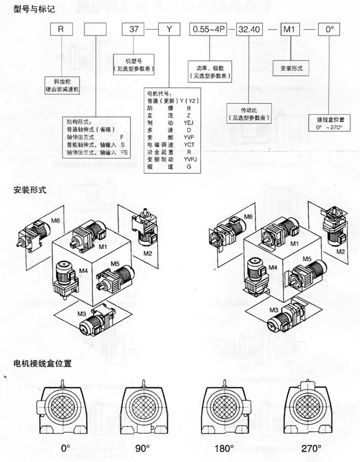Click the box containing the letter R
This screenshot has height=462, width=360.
tap(61, 29)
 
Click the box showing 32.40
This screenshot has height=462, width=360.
tap(249, 29)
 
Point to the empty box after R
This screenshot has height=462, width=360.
tap(94, 29)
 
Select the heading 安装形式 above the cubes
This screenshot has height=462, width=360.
tap(29, 191)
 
